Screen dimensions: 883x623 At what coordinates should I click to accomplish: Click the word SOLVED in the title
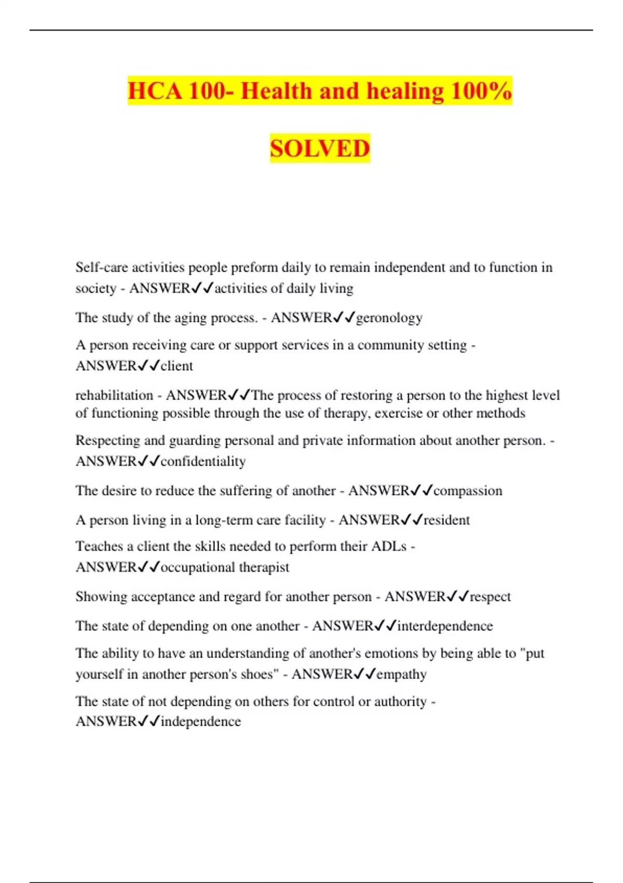(320, 149)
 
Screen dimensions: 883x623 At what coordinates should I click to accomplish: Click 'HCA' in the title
(155, 91)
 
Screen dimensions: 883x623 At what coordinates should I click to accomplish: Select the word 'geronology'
(389, 317)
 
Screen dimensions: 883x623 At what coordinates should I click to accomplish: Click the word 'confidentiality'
(203, 461)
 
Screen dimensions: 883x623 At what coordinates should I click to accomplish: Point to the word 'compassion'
(468, 491)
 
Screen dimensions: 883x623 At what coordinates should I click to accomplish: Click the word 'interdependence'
(445, 626)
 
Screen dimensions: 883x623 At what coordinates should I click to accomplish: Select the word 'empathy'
(401, 674)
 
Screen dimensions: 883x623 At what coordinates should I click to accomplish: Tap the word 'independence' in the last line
(200, 721)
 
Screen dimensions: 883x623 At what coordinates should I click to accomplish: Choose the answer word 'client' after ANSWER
(177, 366)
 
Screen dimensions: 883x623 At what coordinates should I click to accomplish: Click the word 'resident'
(446, 520)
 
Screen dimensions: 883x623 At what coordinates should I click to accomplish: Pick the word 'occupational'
(198, 567)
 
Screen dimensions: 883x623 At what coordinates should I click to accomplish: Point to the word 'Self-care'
(101, 267)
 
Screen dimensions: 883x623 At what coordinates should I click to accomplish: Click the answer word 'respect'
(490, 597)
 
